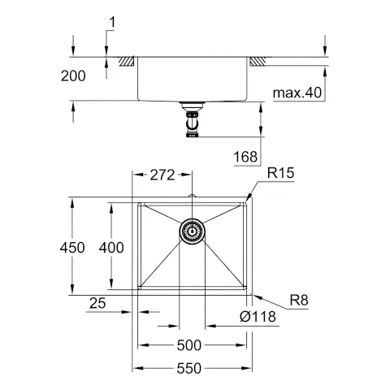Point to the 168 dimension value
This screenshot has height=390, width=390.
coord(249,156)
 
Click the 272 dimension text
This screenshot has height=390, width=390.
coord(165,174)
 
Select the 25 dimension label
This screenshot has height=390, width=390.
coord(97,303)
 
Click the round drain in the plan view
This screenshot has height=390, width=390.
coord(193,232)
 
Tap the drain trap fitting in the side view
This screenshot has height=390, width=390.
coord(193,123)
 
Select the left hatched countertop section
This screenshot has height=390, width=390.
coord(127,61)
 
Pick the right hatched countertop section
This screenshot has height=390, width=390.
coord(258,61)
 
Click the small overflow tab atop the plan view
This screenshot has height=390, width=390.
coord(193,197)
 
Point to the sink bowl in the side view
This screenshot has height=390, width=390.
coord(193,81)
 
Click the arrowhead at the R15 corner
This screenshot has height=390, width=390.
coord(251,195)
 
